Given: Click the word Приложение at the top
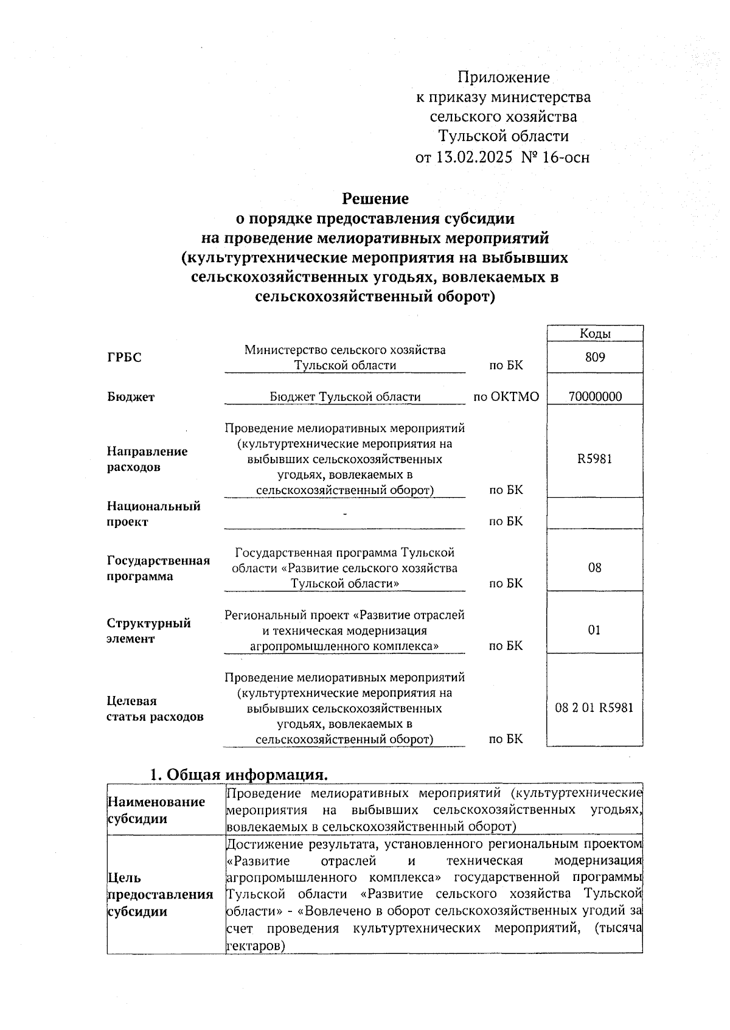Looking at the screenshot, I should [x=503, y=77].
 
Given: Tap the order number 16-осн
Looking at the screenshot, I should [x=565, y=158].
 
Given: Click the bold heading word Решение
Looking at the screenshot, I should [x=375, y=198].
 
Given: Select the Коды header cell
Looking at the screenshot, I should [x=595, y=333].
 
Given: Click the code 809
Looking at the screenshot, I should [x=595, y=357].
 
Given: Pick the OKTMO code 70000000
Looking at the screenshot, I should [x=595, y=397].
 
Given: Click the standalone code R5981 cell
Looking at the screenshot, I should [x=595, y=459].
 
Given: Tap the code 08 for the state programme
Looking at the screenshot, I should [x=595, y=568].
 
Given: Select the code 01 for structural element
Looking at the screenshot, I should [x=595, y=630].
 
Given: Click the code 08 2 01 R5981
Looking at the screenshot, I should [x=594, y=708].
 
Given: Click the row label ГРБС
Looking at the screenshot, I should [x=124, y=358].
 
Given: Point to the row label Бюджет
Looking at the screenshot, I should [x=131, y=397].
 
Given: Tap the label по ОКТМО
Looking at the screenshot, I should [x=506, y=397].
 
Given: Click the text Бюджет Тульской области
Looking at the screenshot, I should [x=345, y=397].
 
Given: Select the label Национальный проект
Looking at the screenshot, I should [x=153, y=513].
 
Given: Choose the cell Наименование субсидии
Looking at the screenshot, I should [x=156, y=810].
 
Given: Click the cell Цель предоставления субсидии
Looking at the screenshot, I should [x=160, y=894].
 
